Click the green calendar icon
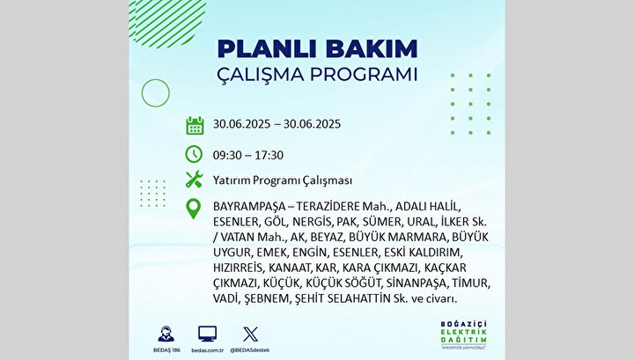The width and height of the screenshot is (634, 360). click(x=195, y=125)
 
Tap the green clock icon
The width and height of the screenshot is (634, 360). click(x=194, y=154)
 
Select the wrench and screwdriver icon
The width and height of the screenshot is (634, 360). click(x=194, y=180)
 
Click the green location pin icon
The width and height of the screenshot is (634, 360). click(x=194, y=209)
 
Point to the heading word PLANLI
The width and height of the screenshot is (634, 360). click(x=268, y=49)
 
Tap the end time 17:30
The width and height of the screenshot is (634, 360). click(x=269, y=155)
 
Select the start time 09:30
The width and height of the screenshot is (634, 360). click(x=228, y=155)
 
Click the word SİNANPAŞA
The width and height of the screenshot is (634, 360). click(x=417, y=283)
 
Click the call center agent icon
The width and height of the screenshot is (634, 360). click(x=166, y=334)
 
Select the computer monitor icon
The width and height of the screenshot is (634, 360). click(x=208, y=334)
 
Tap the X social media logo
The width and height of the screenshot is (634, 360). click(x=250, y=334)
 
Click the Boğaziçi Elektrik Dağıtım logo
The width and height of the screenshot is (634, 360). click(x=464, y=335)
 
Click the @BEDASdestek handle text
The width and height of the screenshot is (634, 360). click(x=250, y=350)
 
